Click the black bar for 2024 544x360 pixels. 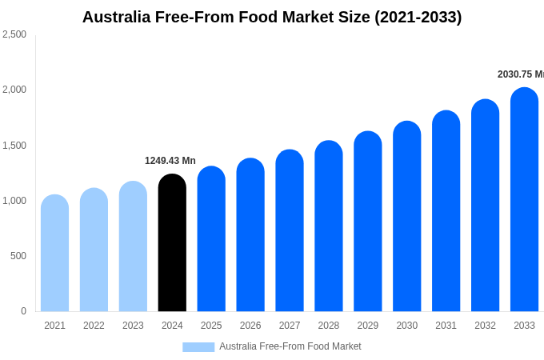coord(172,244)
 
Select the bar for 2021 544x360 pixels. coord(54,254)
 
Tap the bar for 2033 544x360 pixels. coord(524,200)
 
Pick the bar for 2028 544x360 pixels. coord(329,226)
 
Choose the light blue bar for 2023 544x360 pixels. coord(133,247)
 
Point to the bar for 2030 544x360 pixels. coord(406,217)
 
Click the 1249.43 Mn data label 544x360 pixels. coord(170,161)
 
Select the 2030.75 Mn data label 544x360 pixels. coord(520,74)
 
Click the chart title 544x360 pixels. coord(272,17)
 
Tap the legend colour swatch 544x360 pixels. coord(198,347)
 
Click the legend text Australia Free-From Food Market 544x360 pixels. coord(290,346)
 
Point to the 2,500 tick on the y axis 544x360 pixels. coord(14,34)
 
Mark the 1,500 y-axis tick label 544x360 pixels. coord(14,146)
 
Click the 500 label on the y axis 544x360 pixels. coord(18,256)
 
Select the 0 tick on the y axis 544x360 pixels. coord(23,311)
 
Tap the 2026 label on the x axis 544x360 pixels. coord(250,326)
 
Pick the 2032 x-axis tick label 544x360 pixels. coord(485,326)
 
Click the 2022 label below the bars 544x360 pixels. coord(94,326)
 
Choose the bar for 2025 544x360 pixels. coord(211,239)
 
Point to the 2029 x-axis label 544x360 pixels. coord(368,326)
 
